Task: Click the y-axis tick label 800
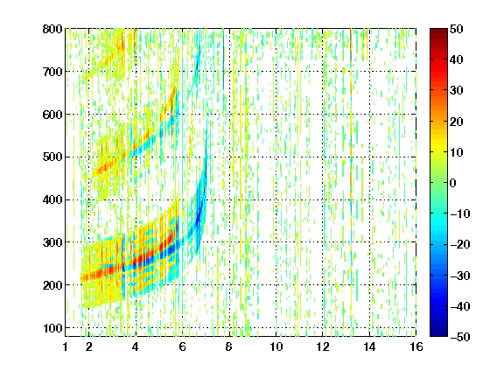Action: point(52,29)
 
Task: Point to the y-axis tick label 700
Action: point(52,72)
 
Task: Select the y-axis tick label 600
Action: point(52,115)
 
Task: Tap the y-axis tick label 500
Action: point(52,157)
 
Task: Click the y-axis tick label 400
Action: point(52,199)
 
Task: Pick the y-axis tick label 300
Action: point(52,242)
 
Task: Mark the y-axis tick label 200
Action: point(52,285)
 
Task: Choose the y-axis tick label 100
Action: point(52,328)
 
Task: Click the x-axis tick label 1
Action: point(66,346)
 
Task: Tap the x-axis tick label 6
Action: point(182,346)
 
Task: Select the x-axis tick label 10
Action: point(276,346)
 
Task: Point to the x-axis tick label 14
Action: point(369,346)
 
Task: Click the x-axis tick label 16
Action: point(416,346)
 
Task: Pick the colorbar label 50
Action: point(457,29)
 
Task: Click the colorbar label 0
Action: point(453,183)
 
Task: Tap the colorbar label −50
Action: point(460,337)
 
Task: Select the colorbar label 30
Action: point(457,91)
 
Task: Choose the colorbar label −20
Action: point(460,244)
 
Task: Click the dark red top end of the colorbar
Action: point(438,31)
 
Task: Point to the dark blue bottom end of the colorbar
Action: point(438,334)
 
